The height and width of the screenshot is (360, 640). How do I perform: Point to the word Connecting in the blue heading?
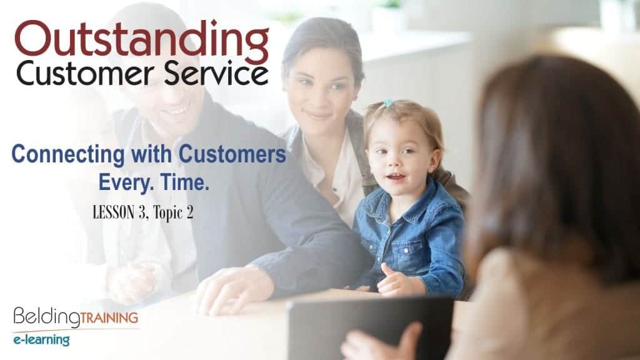(x=67, y=155)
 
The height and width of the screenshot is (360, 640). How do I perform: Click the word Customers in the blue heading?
(x=232, y=154)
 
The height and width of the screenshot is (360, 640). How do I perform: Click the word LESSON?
(x=114, y=212)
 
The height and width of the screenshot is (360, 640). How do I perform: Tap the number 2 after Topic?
(x=189, y=212)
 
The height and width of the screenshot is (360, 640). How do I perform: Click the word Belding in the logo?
(x=46, y=317)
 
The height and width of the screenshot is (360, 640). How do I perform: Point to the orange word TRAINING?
(x=109, y=317)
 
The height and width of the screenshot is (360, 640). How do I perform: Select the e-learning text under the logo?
(x=41, y=339)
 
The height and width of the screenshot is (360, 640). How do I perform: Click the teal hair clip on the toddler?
(x=389, y=103)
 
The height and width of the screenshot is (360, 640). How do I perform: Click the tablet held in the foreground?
(x=369, y=327)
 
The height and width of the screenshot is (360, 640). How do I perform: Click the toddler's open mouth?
(x=396, y=177)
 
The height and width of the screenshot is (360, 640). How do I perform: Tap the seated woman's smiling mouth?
(x=317, y=116)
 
